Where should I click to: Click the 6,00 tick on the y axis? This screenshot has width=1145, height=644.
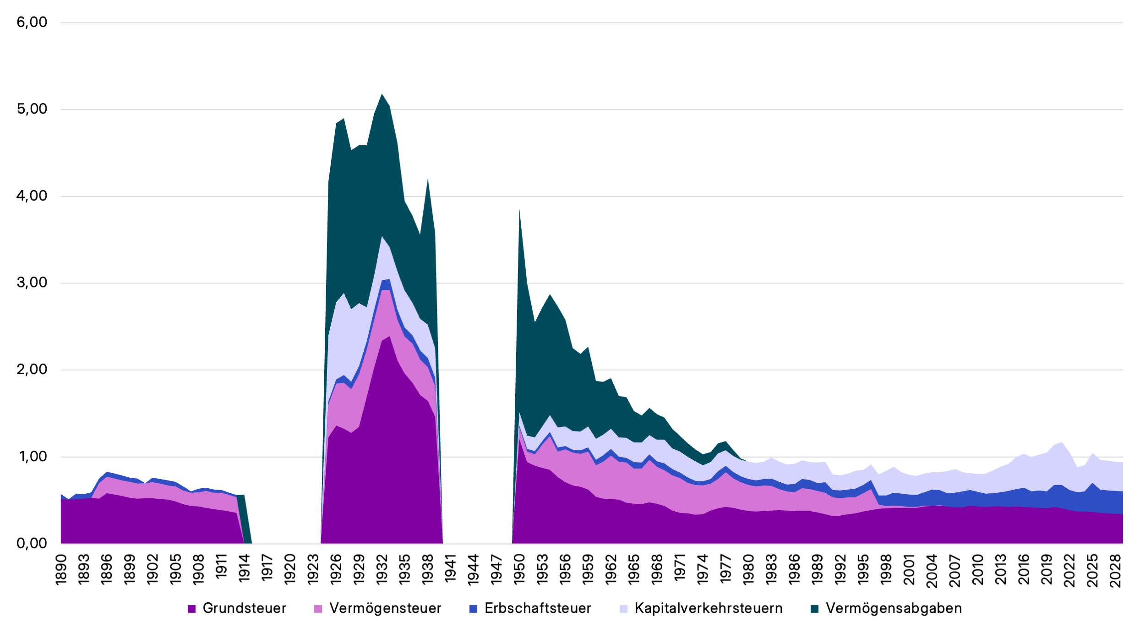pyautogui.click(x=32, y=22)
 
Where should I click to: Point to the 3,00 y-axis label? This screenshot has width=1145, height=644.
pyautogui.click(x=32, y=283)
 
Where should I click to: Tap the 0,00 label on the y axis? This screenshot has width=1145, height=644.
pyautogui.click(x=32, y=543)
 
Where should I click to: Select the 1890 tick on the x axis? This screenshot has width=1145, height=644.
pyautogui.click(x=61, y=570)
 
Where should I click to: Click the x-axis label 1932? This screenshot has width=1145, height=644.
pyautogui.click(x=382, y=570)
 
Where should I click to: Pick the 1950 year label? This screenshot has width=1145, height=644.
pyautogui.click(x=519, y=570)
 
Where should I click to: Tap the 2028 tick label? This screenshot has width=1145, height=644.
pyautogui.click(x=1115, y=571)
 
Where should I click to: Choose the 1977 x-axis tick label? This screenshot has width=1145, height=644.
pyautogui.click(x=725, y=570)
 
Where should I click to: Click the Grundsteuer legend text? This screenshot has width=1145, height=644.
pyautogui.click(x=244, y=608)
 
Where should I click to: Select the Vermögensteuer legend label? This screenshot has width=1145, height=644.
pyautogui.click(x=385, y=608)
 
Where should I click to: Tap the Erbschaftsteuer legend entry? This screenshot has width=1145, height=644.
pyautogui.click(x=538, y=608)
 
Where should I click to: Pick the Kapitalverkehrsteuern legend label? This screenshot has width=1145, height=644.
pyautogui.click(x=709, y=608)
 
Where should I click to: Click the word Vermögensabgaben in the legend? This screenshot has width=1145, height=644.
pyautogui.click(x=894, y=608)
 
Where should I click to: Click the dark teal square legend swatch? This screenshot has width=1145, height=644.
pyautogui.click(x=814, y=609)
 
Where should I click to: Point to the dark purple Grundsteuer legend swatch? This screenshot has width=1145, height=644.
pyautogui.click(x=191, y=609)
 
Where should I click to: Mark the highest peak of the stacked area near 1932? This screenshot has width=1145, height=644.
pyautogui.click(x=382, y=94)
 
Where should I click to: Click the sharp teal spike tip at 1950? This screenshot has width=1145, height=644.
pyautogui.click(x=519, y=210)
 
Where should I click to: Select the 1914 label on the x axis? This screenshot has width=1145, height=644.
pyautogui.click(x=245, y=570)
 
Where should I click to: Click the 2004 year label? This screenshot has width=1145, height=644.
pyautogui.click(x=932, y=571)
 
